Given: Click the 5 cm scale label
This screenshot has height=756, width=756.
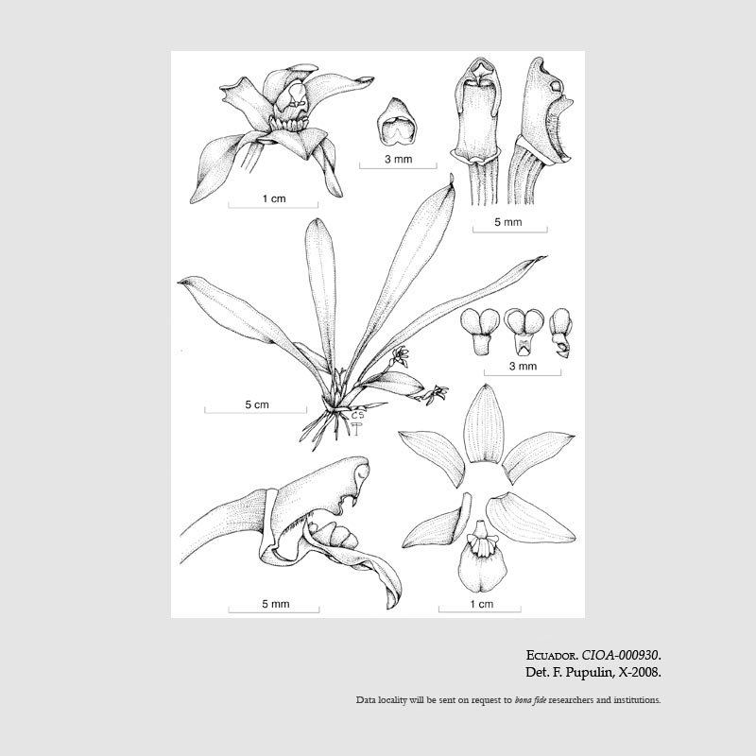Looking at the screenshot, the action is click(x=256, y=404).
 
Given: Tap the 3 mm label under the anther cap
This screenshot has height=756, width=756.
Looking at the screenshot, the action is click(x=398, y=159).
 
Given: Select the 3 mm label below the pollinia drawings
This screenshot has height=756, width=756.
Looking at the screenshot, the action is click(x=523, y=366).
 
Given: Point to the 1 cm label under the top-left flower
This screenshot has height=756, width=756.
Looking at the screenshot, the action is click(x=274, y=198).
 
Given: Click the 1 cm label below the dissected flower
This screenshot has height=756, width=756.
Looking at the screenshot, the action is click(x=482, y=604).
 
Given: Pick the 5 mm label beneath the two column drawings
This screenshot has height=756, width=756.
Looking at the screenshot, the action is click(x=508, y=222).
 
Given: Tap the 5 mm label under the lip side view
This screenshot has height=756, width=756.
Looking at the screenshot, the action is click(x=276, y=604).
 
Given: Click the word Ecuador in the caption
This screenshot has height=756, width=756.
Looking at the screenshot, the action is click(x=552, y=656).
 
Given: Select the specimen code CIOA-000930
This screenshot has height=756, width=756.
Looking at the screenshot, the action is click(x=621, y=656).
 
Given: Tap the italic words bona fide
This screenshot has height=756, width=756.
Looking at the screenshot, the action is click(x=530, y=700).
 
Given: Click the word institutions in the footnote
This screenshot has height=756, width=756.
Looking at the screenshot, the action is click(x=637, y=700).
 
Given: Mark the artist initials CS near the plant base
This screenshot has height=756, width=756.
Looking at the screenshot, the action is click(x=357, y=415).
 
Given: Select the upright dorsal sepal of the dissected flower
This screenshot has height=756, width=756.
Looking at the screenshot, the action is click(x=485, y=424).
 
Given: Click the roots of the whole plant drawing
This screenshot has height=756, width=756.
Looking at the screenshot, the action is click(x=328, y=427).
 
